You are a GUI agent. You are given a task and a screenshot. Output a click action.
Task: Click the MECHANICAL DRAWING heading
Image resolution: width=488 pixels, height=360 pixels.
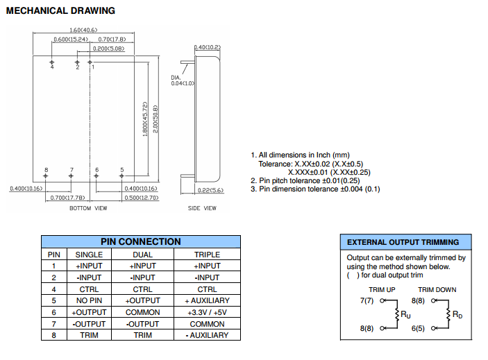tap(60, 10)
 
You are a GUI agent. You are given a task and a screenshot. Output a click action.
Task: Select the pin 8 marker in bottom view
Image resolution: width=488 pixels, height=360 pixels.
tap(47, 175)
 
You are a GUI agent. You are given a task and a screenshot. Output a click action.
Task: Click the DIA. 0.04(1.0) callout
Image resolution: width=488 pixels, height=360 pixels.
tap(181, 80)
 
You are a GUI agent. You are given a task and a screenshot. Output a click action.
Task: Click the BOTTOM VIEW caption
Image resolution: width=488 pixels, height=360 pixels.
tap(88, 208)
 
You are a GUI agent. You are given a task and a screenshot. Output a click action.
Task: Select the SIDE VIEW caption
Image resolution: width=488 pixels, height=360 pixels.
tap(202, 208)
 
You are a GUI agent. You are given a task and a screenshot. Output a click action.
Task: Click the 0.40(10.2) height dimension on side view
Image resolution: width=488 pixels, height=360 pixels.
tap(208, 46)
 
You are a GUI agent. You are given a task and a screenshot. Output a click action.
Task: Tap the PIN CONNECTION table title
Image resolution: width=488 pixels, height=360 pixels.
tap(140, 241)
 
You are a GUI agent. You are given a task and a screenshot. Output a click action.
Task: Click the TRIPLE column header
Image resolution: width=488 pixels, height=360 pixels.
tap(207, 254)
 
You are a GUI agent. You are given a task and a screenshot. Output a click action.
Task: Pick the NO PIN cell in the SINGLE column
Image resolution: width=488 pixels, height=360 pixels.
tap(89, 300)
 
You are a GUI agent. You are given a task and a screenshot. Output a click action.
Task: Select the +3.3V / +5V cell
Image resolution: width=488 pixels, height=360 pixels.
tap(207, 312)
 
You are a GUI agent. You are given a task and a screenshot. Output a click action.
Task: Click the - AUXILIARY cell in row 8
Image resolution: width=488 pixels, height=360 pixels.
tap(207, 336)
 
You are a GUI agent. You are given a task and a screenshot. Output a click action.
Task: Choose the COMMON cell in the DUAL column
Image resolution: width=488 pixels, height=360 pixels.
tap(143, 312)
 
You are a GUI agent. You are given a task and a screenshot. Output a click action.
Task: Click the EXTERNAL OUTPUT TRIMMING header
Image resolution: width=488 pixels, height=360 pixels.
tap(403, 242)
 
